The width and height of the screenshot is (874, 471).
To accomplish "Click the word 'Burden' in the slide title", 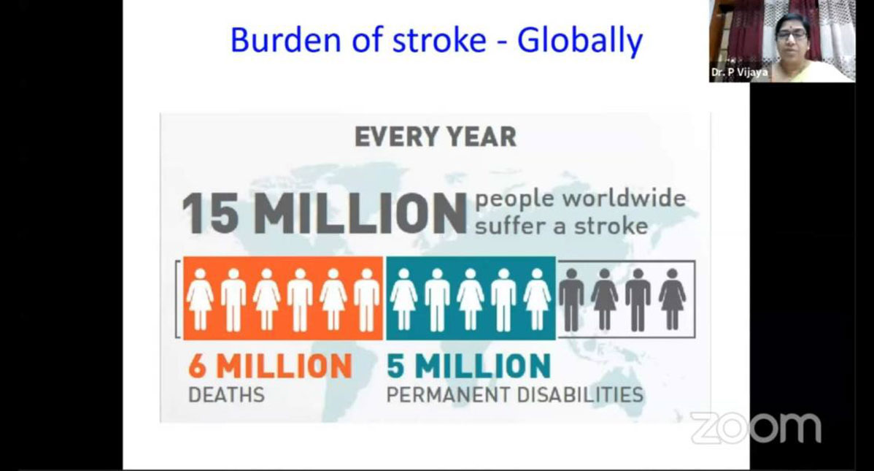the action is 285,40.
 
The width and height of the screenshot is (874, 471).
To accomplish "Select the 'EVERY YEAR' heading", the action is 436,137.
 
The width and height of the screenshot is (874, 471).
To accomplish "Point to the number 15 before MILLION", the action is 211,213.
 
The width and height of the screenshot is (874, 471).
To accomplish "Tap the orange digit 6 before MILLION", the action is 197,366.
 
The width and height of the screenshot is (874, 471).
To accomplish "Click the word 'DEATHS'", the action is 226,395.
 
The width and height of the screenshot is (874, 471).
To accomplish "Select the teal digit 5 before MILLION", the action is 395,366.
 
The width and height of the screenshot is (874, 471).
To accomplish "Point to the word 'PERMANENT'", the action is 449,395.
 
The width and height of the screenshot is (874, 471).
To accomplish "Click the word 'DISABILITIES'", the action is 580,395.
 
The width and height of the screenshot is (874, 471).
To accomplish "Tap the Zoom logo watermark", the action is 756,428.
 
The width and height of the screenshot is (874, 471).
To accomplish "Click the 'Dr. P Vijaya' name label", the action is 739,72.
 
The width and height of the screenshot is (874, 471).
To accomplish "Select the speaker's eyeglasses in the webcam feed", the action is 792,34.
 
